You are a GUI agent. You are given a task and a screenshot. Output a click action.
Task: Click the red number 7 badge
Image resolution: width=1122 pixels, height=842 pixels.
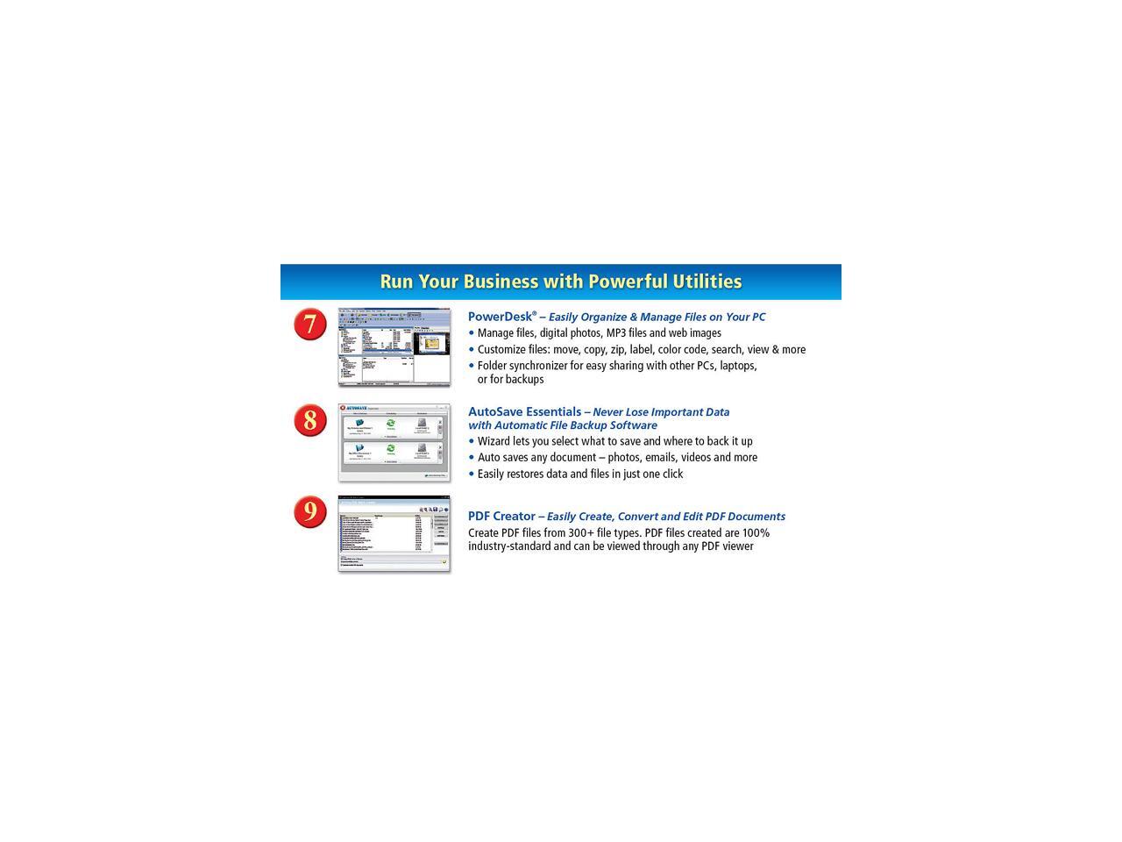tap(309, 325)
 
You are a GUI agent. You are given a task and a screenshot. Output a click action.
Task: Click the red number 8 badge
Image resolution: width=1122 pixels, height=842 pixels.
tap(309, 420)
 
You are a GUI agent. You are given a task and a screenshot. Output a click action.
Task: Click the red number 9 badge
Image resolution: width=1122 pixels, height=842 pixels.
tap(309, 511)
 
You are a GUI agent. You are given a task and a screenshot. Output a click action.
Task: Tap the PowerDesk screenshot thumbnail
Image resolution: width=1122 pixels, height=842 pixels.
tap(394, 346)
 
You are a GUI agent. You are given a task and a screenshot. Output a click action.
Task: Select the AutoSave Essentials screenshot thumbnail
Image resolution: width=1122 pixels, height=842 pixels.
tap(394, 442)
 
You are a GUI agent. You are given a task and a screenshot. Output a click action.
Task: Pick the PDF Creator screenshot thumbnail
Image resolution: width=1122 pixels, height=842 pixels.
tap(394, 534)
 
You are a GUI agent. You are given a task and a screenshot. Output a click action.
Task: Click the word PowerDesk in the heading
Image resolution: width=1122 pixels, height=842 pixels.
tap(500, 317)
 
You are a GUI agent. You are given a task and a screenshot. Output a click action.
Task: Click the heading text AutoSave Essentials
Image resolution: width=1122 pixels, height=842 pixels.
tap(524, 411)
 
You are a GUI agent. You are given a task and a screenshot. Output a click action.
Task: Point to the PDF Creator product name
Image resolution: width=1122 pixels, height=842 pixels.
tap(501, 517)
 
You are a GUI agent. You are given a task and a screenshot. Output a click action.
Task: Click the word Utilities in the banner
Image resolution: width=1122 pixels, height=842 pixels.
tap(707, 282)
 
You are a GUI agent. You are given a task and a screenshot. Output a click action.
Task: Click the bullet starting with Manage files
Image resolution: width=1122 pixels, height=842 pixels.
tap(599, 333)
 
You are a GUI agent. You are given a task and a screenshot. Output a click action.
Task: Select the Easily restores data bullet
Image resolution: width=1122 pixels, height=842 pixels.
tap(579, 474)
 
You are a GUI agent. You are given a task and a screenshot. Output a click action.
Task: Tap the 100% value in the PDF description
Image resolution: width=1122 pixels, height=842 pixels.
tap(756, 533)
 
